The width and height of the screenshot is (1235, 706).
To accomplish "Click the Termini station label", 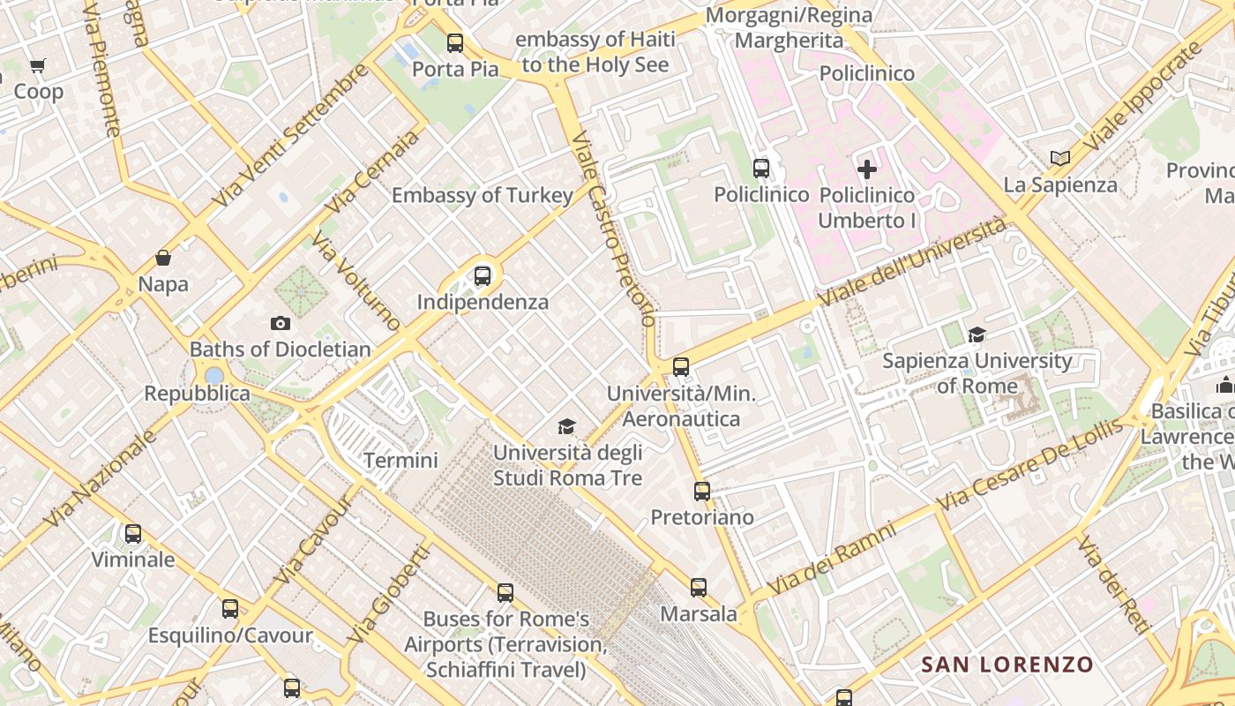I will click(x=400, y=460).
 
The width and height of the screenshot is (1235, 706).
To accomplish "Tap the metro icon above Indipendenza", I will click(x=483, y=275).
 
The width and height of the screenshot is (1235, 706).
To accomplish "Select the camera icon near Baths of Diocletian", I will click(x=281, y=323).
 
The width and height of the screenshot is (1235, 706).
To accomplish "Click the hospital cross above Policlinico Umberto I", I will click(x=867, y=169).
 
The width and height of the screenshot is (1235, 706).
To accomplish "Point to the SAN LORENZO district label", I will click(x=1007, y=664).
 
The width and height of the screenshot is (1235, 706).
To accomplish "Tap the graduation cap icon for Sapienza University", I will click(x=977, y=334).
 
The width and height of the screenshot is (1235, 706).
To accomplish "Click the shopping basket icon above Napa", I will click(x=163, y=258).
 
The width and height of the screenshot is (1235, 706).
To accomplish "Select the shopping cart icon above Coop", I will click(x=38, y=65).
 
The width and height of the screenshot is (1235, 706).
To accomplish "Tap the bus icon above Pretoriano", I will click(x=702, y=491).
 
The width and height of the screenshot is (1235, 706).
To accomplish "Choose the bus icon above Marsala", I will click(x=699, y=587).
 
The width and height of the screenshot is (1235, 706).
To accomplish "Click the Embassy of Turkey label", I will click(x=483, y=195).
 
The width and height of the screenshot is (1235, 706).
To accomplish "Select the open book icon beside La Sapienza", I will click(x=1060, y=158).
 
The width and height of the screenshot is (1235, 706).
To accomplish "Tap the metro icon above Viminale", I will click(x=133, y=533).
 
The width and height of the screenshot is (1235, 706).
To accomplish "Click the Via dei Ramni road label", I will click(x=832, y=559).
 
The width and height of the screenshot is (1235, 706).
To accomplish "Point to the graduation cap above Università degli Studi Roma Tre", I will click(x=566, y=427).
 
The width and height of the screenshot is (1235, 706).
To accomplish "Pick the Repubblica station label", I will click(x=198, y=394).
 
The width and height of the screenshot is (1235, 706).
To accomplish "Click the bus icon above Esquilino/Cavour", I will click(x=230, y=608).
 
